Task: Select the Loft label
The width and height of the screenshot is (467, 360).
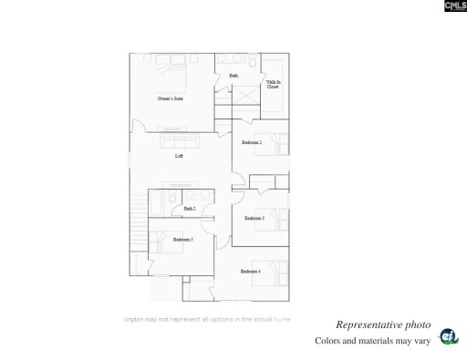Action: click(180, 156)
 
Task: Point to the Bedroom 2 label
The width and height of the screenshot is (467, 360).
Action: click(252, 143)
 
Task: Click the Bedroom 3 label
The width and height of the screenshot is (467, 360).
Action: click(254, 218)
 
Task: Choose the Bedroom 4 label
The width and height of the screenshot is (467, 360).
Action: click(251, 272)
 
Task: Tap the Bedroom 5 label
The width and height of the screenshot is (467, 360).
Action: click(182, 240)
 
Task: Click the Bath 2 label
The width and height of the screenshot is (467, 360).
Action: click(189, 209)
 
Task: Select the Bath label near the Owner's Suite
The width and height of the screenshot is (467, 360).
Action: click(233, 75)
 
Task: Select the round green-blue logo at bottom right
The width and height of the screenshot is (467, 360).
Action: click(447, 336)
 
